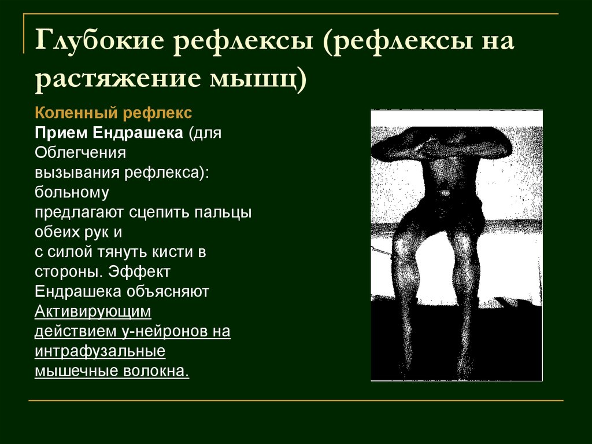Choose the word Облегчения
tap(80, 152)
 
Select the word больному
tap(71, 192)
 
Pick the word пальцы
tap(223, 212)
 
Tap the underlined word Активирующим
tap(92, 311)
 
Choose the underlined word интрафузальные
tap(100, 351)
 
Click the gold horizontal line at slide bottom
tap(295, 400)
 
